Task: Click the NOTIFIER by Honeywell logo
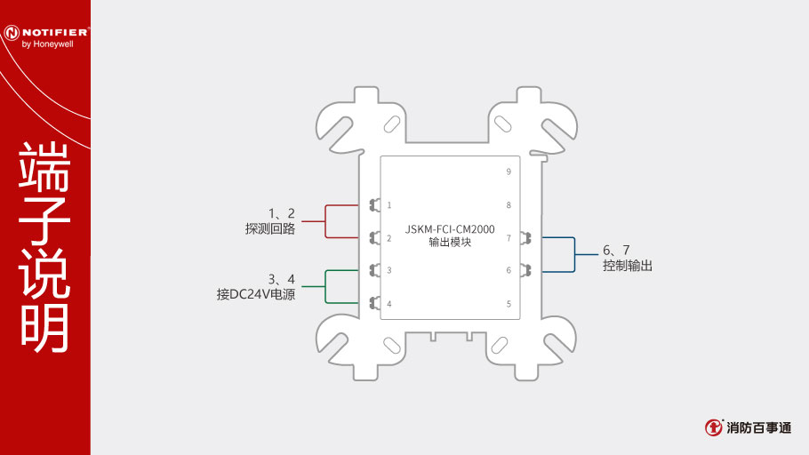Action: click(46, 36)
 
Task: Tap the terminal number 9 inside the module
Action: click(509, 172)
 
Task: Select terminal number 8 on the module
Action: click(509, 205)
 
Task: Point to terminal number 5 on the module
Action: click(509, 304)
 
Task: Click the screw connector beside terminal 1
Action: click(375, 205)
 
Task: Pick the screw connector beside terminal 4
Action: click(375, 303)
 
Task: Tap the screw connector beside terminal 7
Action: click(525, 238)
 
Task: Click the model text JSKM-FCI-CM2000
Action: click(450, 229)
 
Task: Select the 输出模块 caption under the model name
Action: click(450, 242)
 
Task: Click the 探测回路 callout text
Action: click(270, 228)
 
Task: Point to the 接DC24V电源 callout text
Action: click(256, 294)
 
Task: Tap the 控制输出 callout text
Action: click(628, 266)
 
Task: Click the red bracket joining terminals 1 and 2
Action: click(325, 221)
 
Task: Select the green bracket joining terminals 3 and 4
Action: click(325, 286)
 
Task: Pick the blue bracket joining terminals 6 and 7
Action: click(574, 254)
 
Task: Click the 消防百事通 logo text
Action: click(758, 427)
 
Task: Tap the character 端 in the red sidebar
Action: click(44, 166)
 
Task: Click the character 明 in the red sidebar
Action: click(44, 328)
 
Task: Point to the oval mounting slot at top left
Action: click(391, 124)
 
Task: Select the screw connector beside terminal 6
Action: click(525, 270)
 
